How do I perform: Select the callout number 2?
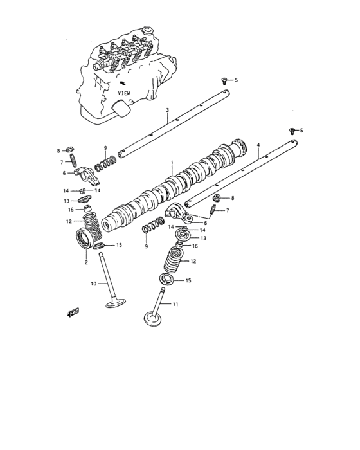(86, 262)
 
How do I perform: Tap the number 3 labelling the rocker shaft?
(167, 110)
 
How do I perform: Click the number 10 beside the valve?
(93, 283)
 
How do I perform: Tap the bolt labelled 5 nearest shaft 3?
(223, 80)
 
